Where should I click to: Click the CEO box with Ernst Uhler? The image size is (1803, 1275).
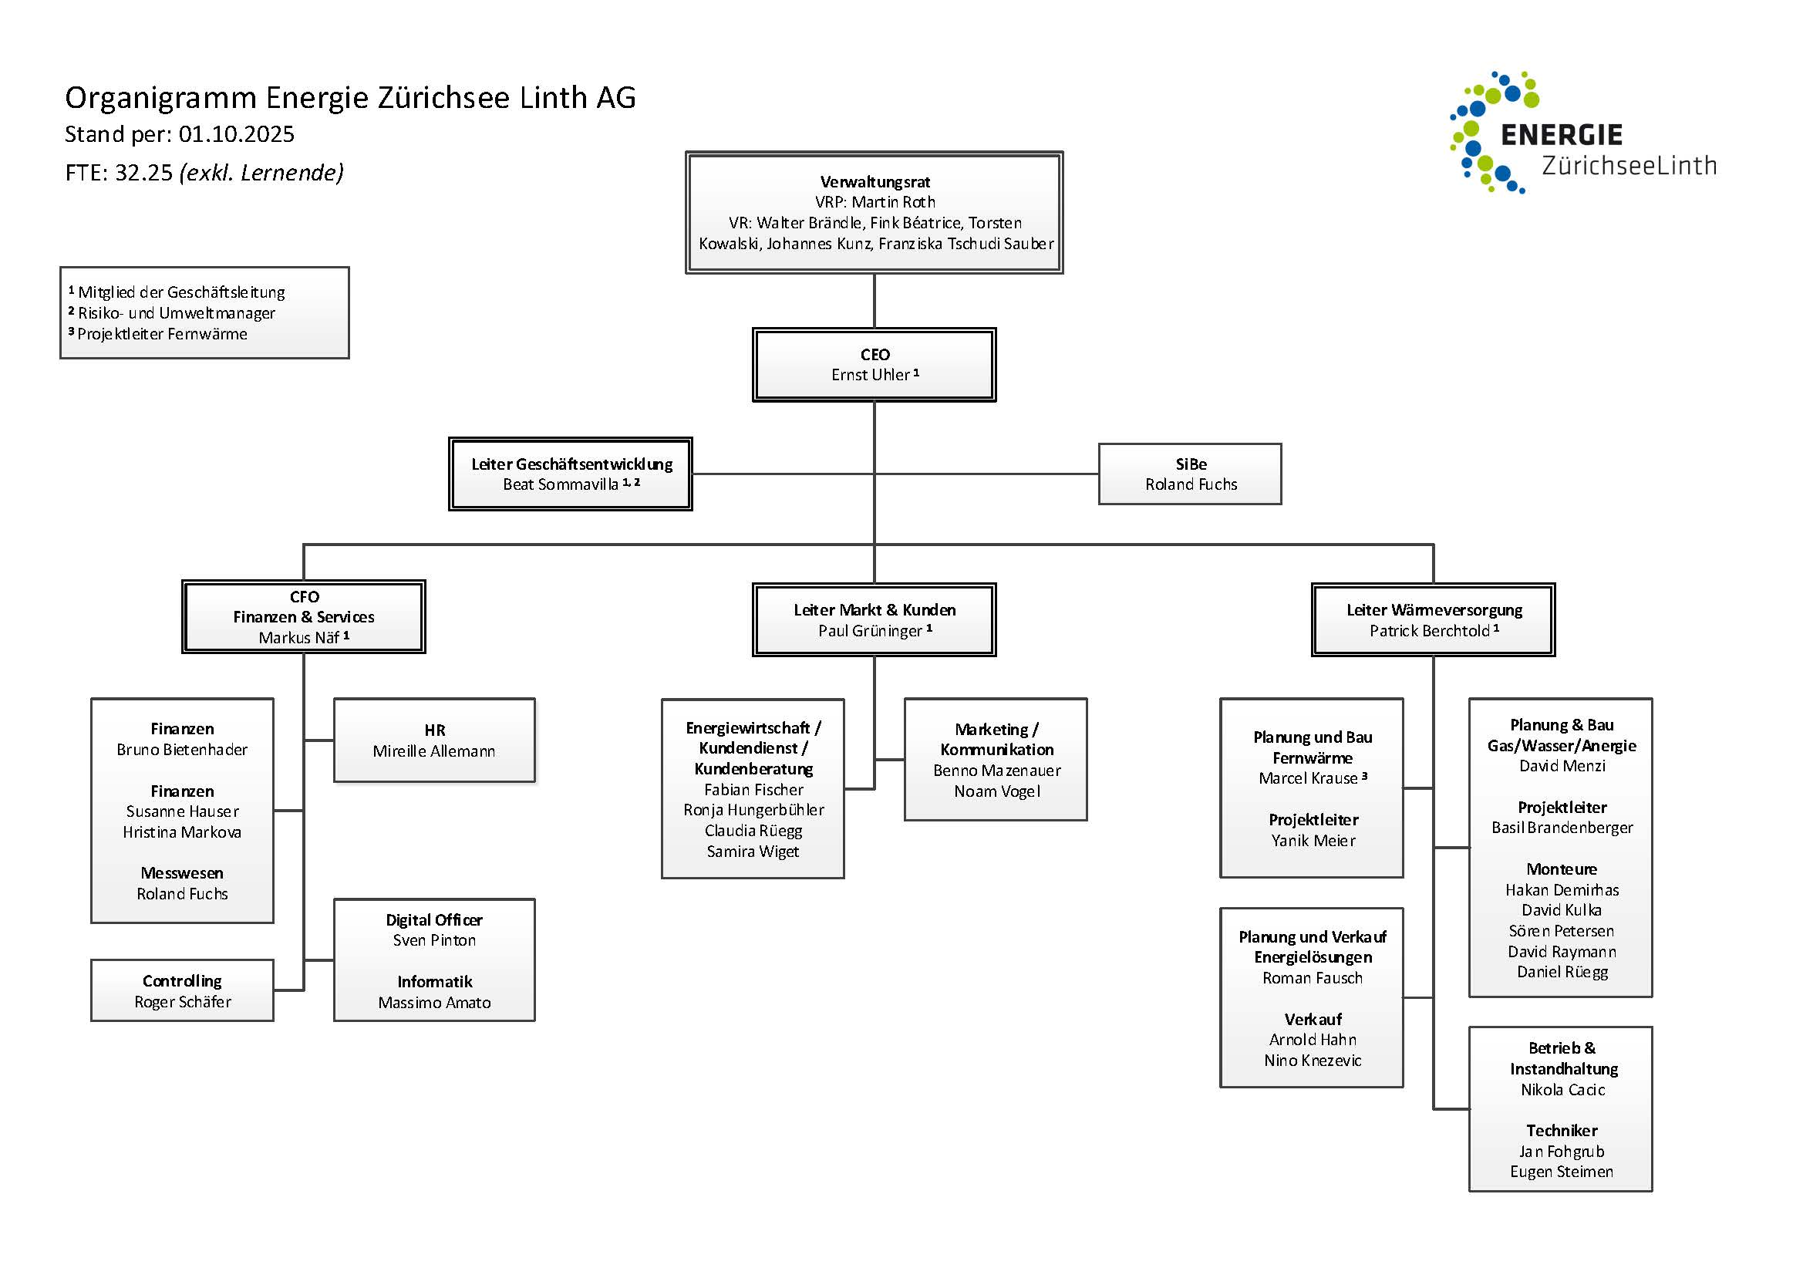874,366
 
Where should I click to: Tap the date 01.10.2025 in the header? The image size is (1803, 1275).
237,134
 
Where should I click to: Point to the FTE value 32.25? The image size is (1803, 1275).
143,173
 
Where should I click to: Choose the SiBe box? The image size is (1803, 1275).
1190,474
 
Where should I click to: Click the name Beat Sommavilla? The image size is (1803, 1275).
560,484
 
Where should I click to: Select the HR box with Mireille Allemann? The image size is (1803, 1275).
434,740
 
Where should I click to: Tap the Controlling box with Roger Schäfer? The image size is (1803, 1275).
182,990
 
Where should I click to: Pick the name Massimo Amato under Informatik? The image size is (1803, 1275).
434,1003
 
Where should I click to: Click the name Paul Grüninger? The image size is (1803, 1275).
870,631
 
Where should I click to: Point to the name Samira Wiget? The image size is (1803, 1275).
753,852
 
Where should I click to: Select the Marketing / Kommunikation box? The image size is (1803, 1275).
996,759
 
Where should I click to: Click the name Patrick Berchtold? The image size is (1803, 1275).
1429,631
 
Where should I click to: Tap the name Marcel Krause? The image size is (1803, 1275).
1307,778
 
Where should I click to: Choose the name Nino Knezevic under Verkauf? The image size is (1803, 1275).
1313,1061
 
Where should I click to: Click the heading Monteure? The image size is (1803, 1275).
1561,869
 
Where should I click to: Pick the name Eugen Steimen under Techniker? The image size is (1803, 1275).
1561,1172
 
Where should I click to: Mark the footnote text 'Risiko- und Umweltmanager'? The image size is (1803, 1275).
177,313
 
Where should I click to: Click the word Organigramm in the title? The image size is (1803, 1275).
160,98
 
